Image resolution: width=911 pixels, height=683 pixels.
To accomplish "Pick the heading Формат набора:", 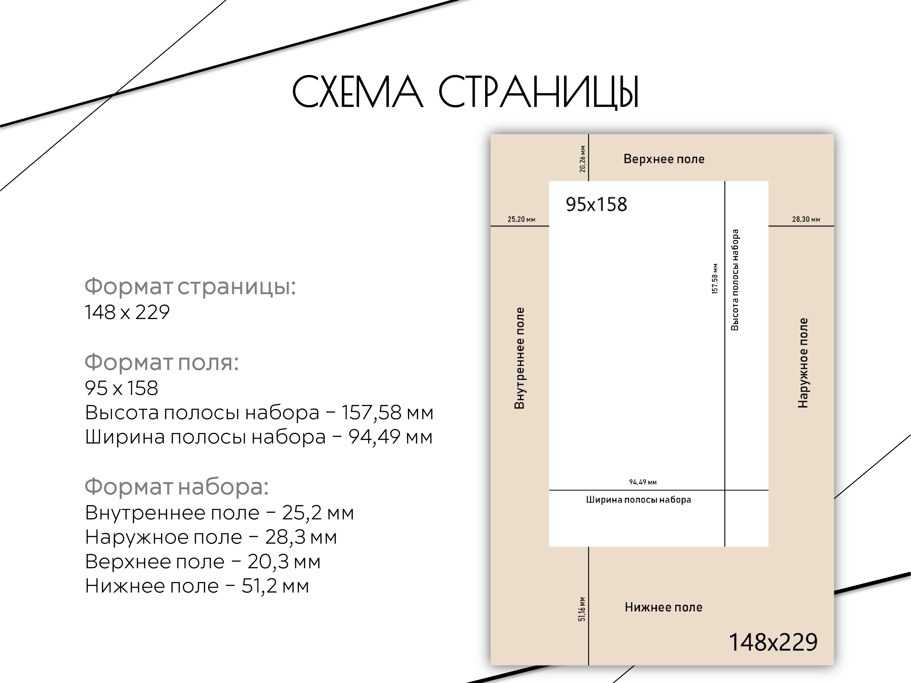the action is (x=177, y=487).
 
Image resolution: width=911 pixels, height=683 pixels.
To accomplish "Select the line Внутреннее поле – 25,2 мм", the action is (x=219, y=513).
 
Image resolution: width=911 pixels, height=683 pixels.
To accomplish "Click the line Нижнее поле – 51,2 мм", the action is (x=197, y=586).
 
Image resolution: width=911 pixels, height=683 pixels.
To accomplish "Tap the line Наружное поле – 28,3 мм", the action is (x=211, y=538).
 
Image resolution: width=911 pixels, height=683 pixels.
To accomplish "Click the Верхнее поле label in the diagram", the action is (x=664, y=159).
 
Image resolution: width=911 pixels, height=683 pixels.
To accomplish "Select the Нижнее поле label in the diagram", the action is (x=664, y=607).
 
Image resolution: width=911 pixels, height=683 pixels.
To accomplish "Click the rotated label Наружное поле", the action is (x=803, y=363).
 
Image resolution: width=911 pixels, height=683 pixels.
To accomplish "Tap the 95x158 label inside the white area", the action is (x=596, y=204).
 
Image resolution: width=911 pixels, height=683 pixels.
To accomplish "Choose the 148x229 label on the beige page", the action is (x=773, y=642).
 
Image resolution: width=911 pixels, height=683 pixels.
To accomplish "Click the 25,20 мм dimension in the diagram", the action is (x=522, y=219).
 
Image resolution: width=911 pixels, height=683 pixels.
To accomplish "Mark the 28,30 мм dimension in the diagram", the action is (x=806, y=219).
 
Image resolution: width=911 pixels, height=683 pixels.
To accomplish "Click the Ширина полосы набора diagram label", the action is (x=638, y=500).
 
